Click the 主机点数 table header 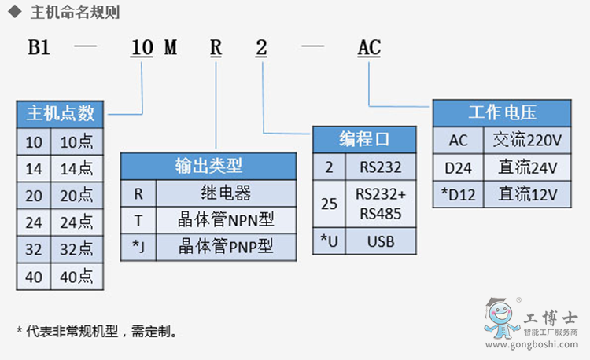61,113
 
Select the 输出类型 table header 208,166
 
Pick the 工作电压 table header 502,113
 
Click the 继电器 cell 227,193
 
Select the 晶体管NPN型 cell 227,219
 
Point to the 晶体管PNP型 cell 227,246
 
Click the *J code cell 138,246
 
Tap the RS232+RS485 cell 381,204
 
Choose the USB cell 381,241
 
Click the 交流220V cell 527,141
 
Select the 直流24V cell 527,167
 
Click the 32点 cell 77,249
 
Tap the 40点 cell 77,276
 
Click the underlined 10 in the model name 142,49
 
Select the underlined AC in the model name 369,49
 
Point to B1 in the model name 39,49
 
